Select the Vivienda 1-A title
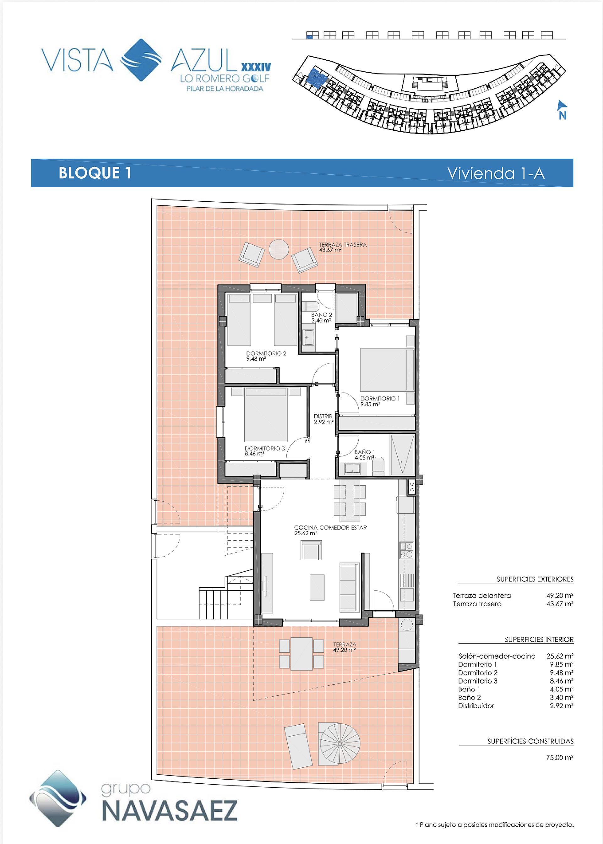(496, 173)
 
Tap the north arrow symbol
(562, 110)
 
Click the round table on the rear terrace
(279, 249)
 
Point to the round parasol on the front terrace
(340, 744)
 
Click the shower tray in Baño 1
(402, 455)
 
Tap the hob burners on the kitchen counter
(407, 550)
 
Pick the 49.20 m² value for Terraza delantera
(560, 595)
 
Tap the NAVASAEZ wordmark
(169, 811)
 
